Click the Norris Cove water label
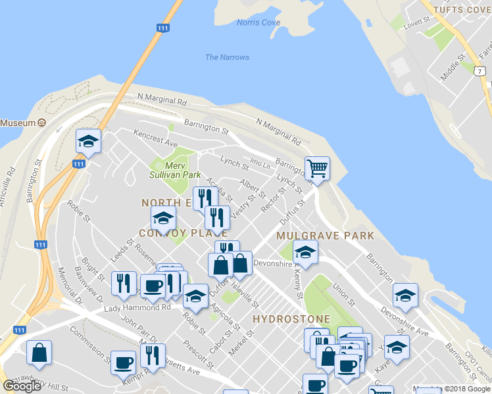pos(258,23)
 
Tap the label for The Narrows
pos(227,57)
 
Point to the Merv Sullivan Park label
pos(174,171)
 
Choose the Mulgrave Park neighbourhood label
pos(325,235)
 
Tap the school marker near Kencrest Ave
pos(88,141)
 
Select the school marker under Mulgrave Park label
pos(305,252)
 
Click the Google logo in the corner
pos(22,386)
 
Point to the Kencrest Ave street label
pos(155,137)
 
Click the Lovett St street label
pos(421,25)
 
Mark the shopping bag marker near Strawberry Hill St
pos(39,353)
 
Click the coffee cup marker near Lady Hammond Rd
pos(153,286)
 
